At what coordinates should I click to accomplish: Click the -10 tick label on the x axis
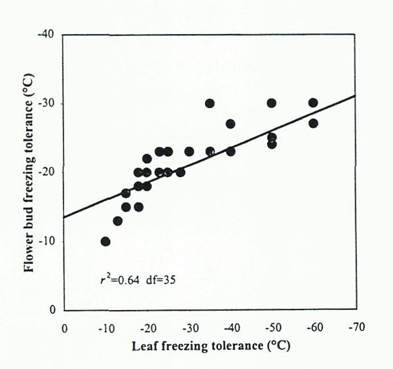click(x=105, y=327)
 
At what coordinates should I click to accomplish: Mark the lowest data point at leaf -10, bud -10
click(x=105, y=241)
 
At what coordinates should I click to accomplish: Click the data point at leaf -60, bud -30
click(x=313, y=103)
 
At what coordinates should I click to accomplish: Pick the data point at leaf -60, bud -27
click(x=313, y=123)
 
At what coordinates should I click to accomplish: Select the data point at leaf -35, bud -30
click(x=210, y=103)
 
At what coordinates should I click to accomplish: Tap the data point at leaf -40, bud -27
click(x=231, y=123)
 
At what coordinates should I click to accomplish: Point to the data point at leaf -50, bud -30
click(x=272, y=103)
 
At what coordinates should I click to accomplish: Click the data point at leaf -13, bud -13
click(x=118, y=221)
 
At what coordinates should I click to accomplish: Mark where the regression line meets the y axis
click(x=64, y=217)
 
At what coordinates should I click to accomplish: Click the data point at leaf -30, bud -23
click(x=189, y=151)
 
